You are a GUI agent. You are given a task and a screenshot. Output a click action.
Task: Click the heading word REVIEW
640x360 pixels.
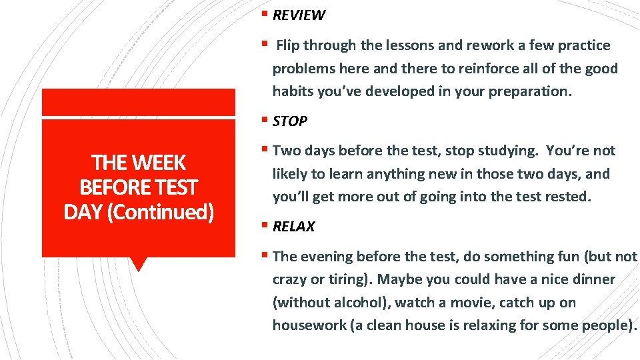[x=299, y=15]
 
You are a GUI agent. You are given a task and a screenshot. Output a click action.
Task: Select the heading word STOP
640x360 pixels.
[x=290, y=121]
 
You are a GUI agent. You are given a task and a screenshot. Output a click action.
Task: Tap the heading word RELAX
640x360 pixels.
[x=293, y=227]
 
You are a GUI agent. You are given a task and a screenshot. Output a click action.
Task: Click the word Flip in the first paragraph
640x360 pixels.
[x=288, y=45]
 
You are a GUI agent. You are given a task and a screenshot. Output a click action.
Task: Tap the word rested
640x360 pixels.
[x=567, y=197]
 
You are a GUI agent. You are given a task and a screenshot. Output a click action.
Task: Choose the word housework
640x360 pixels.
[x=305, y=325]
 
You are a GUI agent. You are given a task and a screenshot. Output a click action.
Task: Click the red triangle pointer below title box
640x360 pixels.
[x=139, y=264]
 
